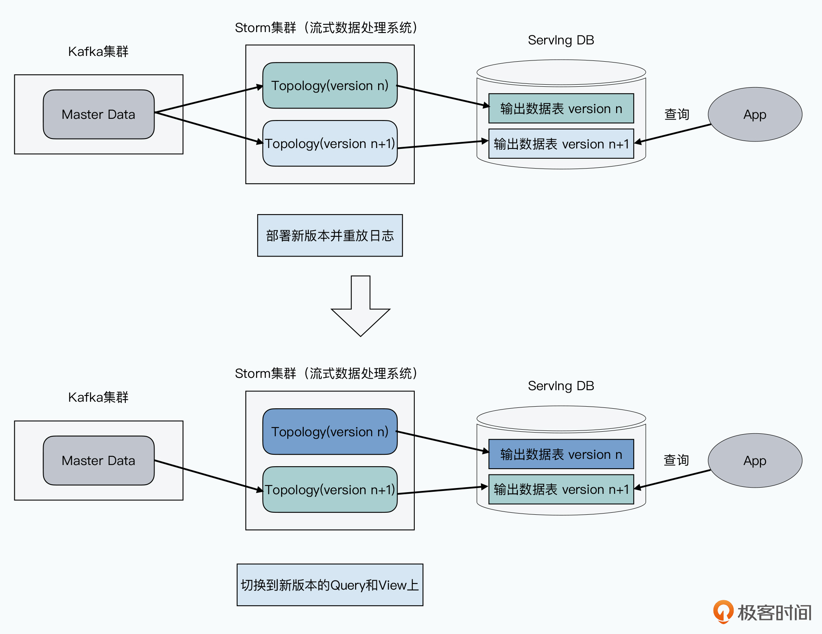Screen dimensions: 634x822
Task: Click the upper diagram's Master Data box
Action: [x=99, y=114]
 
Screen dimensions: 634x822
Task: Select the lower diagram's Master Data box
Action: [x=99, y=460]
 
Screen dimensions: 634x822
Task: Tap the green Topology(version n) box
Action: [x=330, y=86]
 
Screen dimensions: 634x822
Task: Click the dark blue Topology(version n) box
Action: [x=330, y=432]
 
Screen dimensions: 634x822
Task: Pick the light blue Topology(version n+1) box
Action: [x=330, y=143]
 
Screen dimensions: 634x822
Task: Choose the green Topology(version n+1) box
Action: [x=330, y=490]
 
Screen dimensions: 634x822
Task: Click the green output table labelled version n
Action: [x=561, y=109]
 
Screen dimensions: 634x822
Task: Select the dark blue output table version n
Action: [x=561, y=454]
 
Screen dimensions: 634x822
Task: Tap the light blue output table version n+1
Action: [x=561, y=144]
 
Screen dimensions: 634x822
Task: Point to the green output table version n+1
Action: [x=561, y=489]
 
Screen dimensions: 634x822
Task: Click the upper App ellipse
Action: [x=755, y=114]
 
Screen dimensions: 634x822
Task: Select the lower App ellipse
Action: [x=755, y=460]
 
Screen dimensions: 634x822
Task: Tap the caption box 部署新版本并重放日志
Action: [x=330, y=236]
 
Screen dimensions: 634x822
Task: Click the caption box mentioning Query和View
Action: [x=330, y=585]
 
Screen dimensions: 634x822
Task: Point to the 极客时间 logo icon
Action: [x=723, y=612]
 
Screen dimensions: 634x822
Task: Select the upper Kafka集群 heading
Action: [x=98, y=51]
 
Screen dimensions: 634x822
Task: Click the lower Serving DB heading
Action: [x=561, y=386]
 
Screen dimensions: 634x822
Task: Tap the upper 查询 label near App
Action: [x=677, y=114]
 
